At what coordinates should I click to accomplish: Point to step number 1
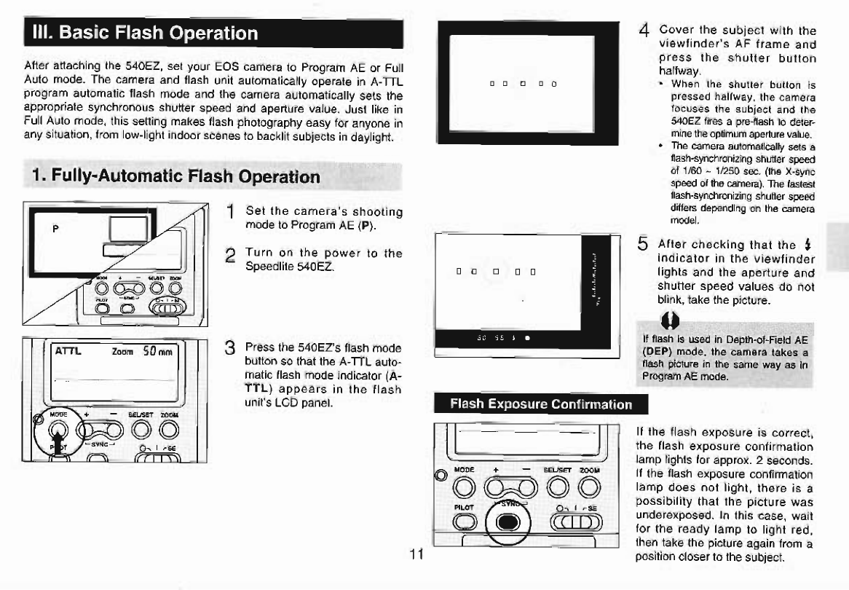point(230,212)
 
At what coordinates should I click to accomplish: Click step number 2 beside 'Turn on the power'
point(230,256)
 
